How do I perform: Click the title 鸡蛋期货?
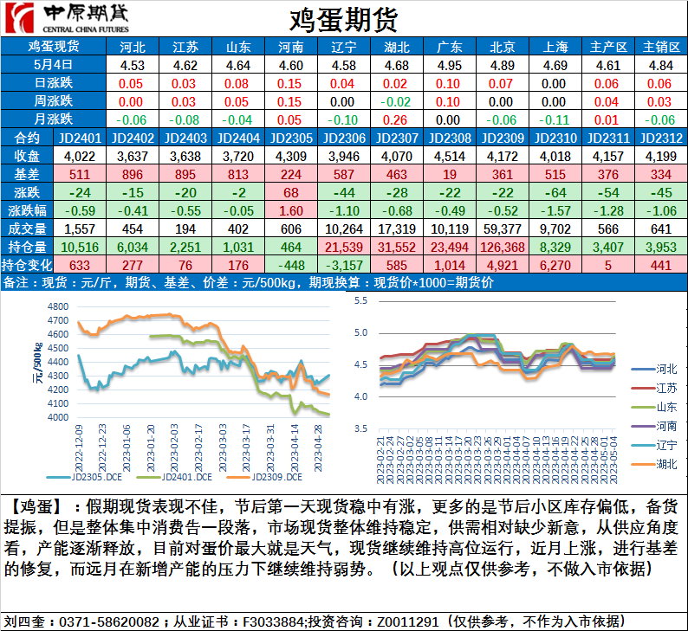343,18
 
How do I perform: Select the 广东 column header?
449,47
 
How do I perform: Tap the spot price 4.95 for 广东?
449,65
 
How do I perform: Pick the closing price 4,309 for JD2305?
290,156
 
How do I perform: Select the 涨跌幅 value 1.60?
290,210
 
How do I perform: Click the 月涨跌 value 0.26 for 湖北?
396,119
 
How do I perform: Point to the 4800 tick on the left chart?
59,307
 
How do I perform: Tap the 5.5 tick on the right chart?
361,300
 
